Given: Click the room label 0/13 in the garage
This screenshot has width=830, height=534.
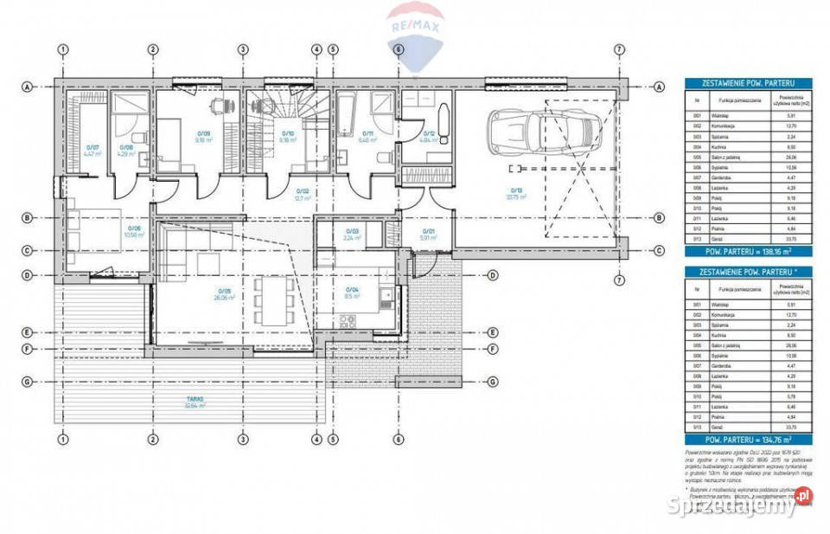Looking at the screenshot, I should click(517, 193).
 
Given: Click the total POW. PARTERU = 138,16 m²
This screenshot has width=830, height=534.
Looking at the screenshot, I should click(737, 251).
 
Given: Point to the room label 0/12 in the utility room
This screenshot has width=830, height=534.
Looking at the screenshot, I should click(425, 136).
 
